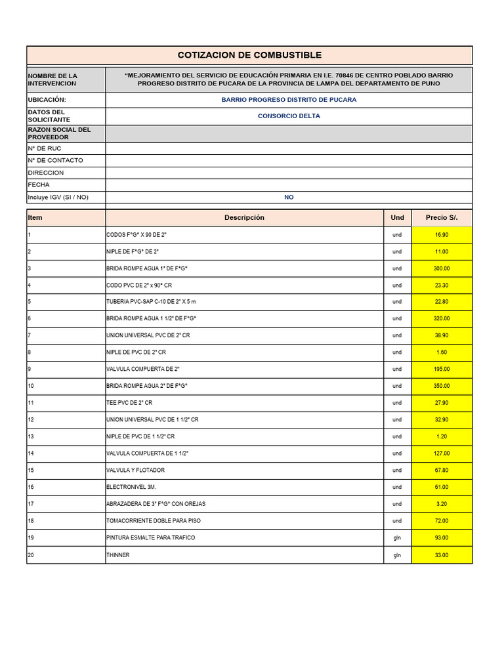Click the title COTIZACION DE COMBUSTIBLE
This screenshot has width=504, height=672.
point(249,55)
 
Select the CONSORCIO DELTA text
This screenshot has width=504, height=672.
point(289,116)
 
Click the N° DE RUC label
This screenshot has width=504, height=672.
point(45,148)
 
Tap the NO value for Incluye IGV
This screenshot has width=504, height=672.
point(289,197)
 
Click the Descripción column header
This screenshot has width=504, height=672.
point(244,217)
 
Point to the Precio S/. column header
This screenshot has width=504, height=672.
point(441,217)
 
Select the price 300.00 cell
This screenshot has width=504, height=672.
point(441,268)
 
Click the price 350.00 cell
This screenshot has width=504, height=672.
point(441,386)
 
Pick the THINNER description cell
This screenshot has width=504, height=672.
point(118,555)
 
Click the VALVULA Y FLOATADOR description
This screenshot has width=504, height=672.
point(135,471)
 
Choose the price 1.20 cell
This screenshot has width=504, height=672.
point(441,436)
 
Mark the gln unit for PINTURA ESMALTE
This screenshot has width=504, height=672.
point(397,538)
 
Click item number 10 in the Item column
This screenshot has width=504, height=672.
point(30,386)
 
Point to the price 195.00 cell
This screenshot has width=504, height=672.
point(441,369)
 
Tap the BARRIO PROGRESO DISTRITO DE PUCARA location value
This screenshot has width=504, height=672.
point(289,100)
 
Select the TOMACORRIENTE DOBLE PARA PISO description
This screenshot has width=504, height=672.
point(154,521)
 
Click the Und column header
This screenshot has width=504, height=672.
point(397,217)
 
